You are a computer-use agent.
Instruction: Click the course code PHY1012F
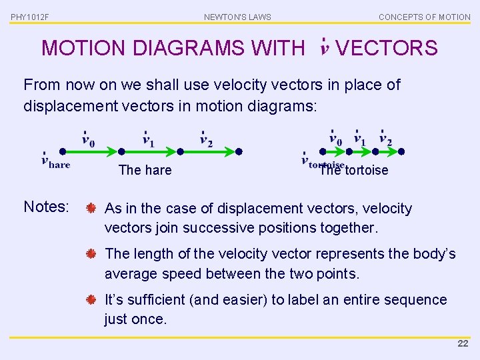[x=30, y=17]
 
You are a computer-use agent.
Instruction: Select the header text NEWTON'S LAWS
[x=237, y=17]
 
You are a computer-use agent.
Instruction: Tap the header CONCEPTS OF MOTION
[x=424, y=17]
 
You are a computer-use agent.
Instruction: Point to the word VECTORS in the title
[x=387, y=48]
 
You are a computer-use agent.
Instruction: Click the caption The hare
[x=145, y=170]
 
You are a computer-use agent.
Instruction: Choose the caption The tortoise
[x=353, y=170]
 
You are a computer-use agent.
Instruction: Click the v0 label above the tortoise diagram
[x=335, y=139]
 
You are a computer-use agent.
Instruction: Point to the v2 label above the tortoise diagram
[x=385, y=139]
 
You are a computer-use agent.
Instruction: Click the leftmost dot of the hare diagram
[x=62, y=151]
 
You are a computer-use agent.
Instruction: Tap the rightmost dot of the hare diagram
[x=239, y=151]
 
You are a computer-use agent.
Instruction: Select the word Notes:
[x=46, y=207]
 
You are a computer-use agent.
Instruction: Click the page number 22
[x=463, y=343]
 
